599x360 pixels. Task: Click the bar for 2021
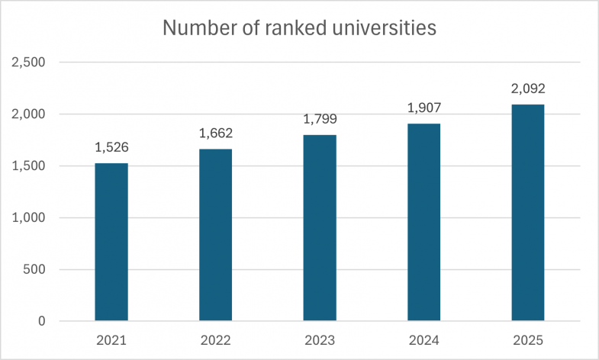click(x=111, y=242)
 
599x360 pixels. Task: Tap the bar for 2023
click(x=320, y=228)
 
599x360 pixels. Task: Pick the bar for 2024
click(x=423, y=222)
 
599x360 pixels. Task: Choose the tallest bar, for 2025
click(x=528, y=213)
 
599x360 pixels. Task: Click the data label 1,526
click(x=111, y=147)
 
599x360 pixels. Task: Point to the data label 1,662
click(x=215, y=133)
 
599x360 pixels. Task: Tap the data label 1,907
click(x=423, y=108)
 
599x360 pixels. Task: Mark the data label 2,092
click(x=528, y=88)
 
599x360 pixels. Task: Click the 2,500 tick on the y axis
click(x=29, y=63)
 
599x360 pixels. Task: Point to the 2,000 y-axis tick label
click(x=29, y=114)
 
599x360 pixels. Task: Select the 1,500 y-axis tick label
click(x=29, y=166)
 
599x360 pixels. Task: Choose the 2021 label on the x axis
click(x=111, y=340)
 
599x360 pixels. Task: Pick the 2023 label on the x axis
click(x=320, y=340)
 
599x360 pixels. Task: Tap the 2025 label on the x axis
click(x=528, y=340)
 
